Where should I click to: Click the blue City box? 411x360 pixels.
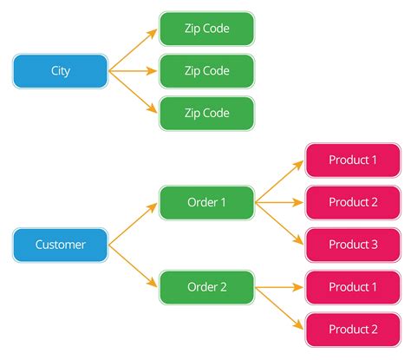point(60,71)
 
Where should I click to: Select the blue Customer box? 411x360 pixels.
point(60,245)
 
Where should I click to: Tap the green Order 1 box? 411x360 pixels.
point(206,202)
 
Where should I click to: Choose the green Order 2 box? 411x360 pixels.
point(206,287)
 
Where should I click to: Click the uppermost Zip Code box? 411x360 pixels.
point(206,29)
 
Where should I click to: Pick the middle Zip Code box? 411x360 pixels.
point(206,71)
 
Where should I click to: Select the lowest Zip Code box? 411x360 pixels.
point(206,113)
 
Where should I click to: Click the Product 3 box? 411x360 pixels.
point(353,245)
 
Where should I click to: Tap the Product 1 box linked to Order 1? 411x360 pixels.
point(353,160)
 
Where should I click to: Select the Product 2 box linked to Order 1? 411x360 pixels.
point(353,202)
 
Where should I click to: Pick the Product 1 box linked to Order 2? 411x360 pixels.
point(353,287)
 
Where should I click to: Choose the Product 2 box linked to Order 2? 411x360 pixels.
point(353,329)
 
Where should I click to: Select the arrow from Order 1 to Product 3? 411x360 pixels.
point(279,223)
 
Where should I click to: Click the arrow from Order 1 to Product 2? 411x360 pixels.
point(279,202)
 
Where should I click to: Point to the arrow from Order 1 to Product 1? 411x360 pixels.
point(279,181)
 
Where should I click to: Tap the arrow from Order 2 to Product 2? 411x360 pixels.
point(279,308)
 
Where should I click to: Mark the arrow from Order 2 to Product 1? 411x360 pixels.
point(279,287)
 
